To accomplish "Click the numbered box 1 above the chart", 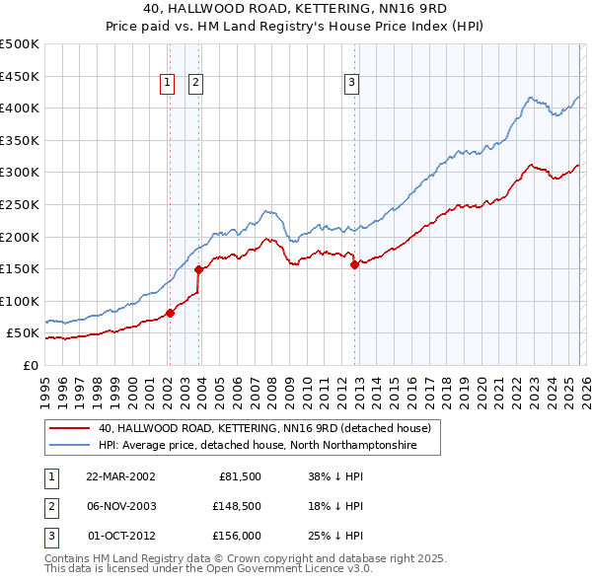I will [168, 84].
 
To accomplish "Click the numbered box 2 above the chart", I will [196, 84].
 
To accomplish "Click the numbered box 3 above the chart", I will [351, 84].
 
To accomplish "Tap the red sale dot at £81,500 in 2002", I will [170, 313].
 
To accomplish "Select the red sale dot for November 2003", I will [198, 269].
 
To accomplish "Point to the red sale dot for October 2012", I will [354, 264].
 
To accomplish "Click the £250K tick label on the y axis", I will [19, 204].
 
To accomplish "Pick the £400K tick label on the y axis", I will [19, 108].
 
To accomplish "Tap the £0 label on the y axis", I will [29, 365].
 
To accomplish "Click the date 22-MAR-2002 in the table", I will [120, 475].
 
